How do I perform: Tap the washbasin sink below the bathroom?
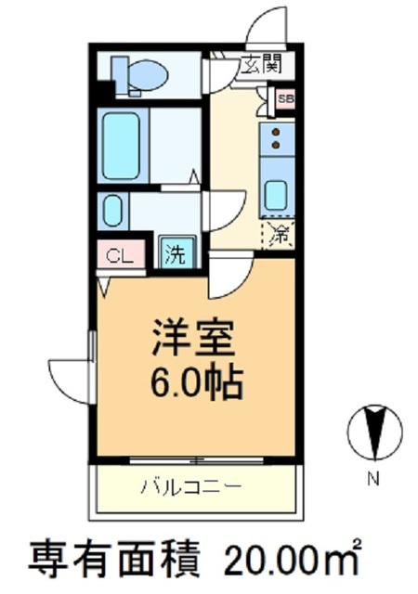pos(112,211)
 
